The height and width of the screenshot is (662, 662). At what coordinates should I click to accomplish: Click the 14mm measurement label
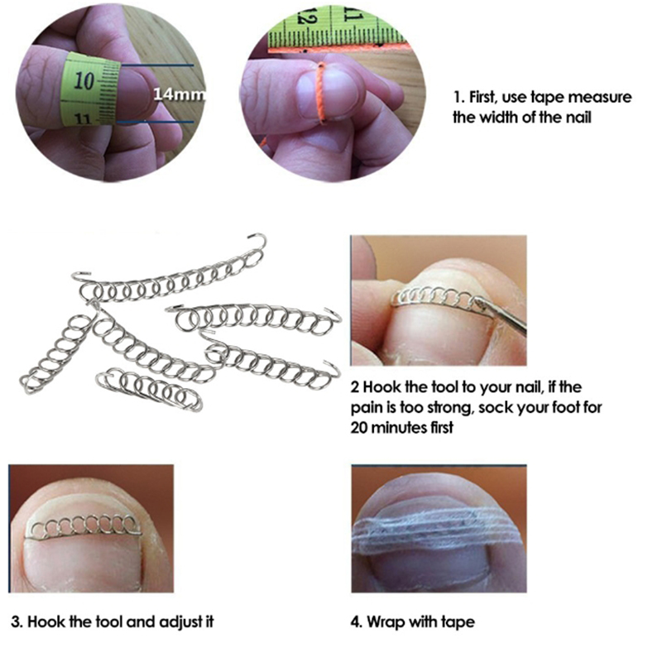click(x=179, y=94)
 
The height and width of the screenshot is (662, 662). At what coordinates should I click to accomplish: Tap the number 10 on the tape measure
click(x=84, y=80)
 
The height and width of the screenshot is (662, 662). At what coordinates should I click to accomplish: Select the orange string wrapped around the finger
click(x=321, y=93)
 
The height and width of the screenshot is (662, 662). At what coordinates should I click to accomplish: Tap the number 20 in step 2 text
click(x=359, y=428)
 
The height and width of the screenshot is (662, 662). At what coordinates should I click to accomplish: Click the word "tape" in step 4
click(x=458, y=623)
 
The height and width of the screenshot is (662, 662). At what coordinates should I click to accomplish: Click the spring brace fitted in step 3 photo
click(x=84, y=525)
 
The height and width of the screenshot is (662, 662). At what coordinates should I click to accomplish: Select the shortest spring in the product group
click(x=150, y=387)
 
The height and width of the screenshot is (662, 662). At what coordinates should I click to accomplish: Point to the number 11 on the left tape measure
click(x=83, y=119)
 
